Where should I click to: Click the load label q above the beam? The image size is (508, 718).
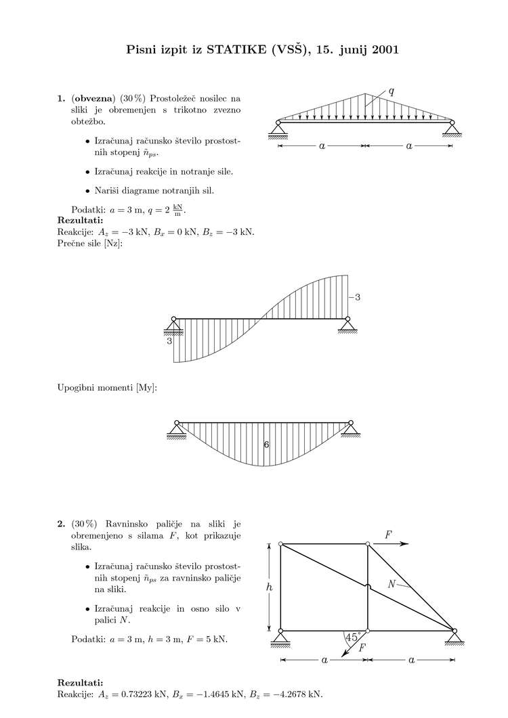[x=391, y=89]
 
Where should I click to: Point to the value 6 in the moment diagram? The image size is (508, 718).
[x=266, y=445]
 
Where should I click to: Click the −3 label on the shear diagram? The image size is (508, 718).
[x=354, y=297]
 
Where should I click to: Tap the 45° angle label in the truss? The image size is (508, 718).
[x=352, y=637]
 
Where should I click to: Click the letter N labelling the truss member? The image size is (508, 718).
[x=391, y=584]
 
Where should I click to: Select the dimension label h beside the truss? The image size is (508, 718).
[x=268, y=587]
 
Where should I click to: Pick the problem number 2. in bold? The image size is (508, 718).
[x=62, y=523]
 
